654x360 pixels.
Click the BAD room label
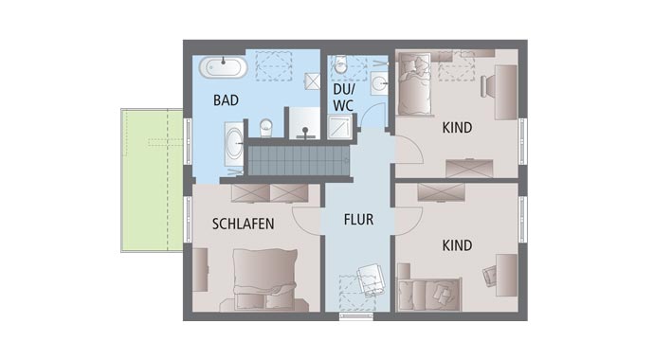226,99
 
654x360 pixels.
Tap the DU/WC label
342,98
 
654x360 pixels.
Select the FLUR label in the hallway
358,220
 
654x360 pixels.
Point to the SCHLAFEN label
244,225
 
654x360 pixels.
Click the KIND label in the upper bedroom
457,127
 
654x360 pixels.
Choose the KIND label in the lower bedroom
457,245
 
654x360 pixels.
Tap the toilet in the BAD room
265,126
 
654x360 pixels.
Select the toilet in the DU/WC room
340,67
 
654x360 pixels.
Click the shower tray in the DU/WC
338,127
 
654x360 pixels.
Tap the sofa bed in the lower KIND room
429,294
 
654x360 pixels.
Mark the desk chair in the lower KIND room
489,276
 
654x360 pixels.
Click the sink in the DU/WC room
379,82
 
